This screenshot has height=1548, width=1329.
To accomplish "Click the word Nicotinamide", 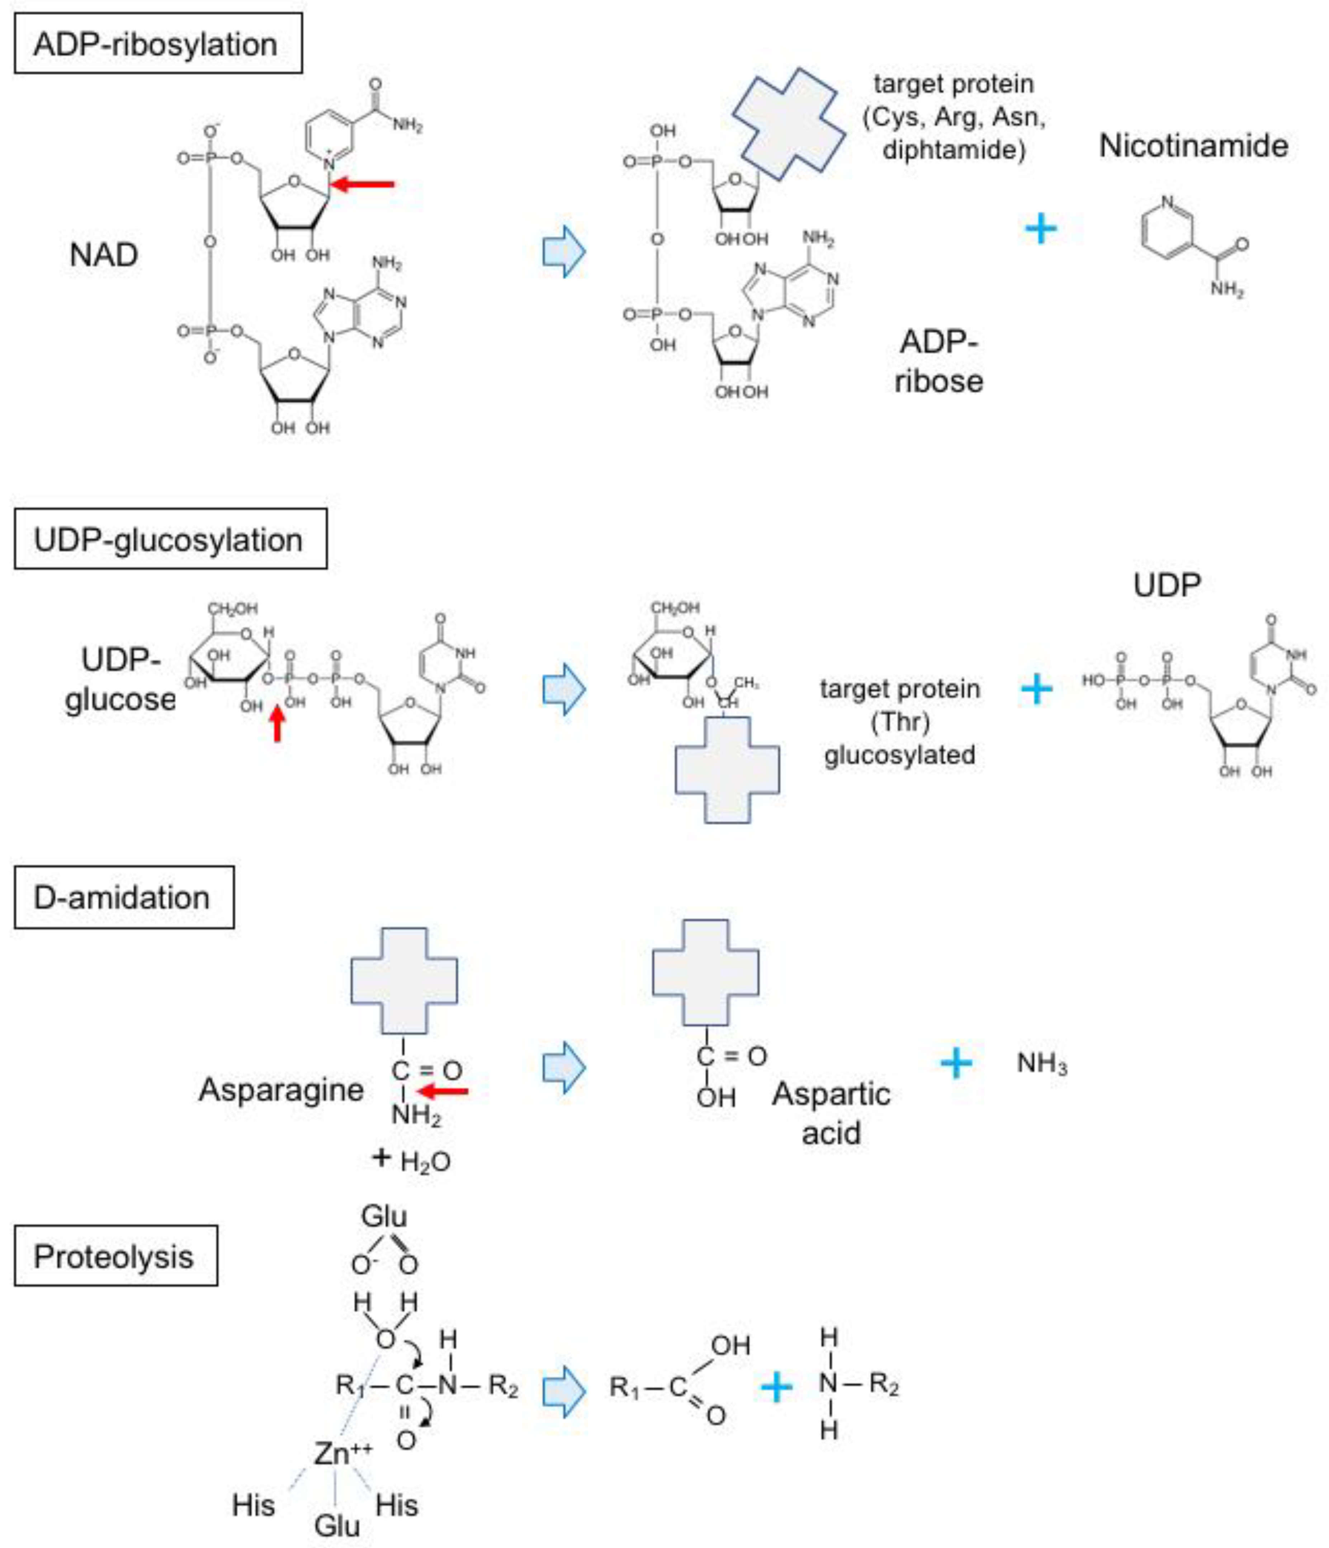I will pos(1193,146).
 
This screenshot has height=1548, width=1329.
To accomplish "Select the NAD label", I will pos(104,255).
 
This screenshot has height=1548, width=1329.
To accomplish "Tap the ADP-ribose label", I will pos(938,361).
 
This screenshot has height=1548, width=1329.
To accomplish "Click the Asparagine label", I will pos(281,1089).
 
